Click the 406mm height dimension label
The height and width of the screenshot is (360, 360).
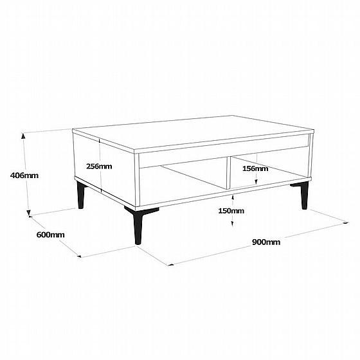pyautogui.click(x=24, y=175)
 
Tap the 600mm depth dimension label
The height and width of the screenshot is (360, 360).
pyautogui.click(x=51, y=235)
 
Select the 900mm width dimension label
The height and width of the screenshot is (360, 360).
pyautogui.click(x=266, y=242)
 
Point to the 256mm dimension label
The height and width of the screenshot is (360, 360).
pyautogui.click(x=99, y=166)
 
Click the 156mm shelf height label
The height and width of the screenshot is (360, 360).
pyautogui.click(x=255, y=168)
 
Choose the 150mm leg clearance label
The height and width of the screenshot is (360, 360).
pyautogui.click(x=231, y=211)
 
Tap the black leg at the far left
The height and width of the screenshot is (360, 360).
pyautogui.click(x=81, y=195)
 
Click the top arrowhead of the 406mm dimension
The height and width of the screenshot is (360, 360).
pyautogui.click(x=23, y=136)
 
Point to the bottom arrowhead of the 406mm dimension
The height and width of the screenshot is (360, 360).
pyautogui.click(x=28, y=213)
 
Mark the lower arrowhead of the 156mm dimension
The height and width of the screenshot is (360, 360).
pyautogui.click(x=256, y=181)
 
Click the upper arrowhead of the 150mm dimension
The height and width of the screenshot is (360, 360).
pyautogui.click(x=233, y=197)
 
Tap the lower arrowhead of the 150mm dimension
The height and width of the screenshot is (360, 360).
pyautogui.click(x=232, y=224)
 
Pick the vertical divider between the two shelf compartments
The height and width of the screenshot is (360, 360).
pyautogui.click(x=228, y=173)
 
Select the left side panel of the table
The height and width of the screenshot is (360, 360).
pyautogui.click(x=104, y=168)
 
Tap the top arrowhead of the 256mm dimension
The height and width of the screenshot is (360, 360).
pyautogui.click(x=100, y=141)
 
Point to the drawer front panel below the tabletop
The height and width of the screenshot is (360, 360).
pyautogui.click(x=224, y=150)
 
